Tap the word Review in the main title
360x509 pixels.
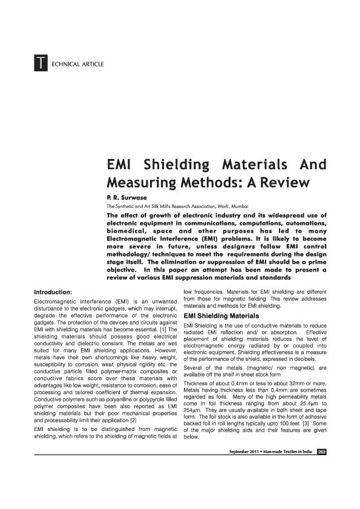pos(287,182)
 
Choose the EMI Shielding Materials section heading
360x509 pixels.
pos(221,316)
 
